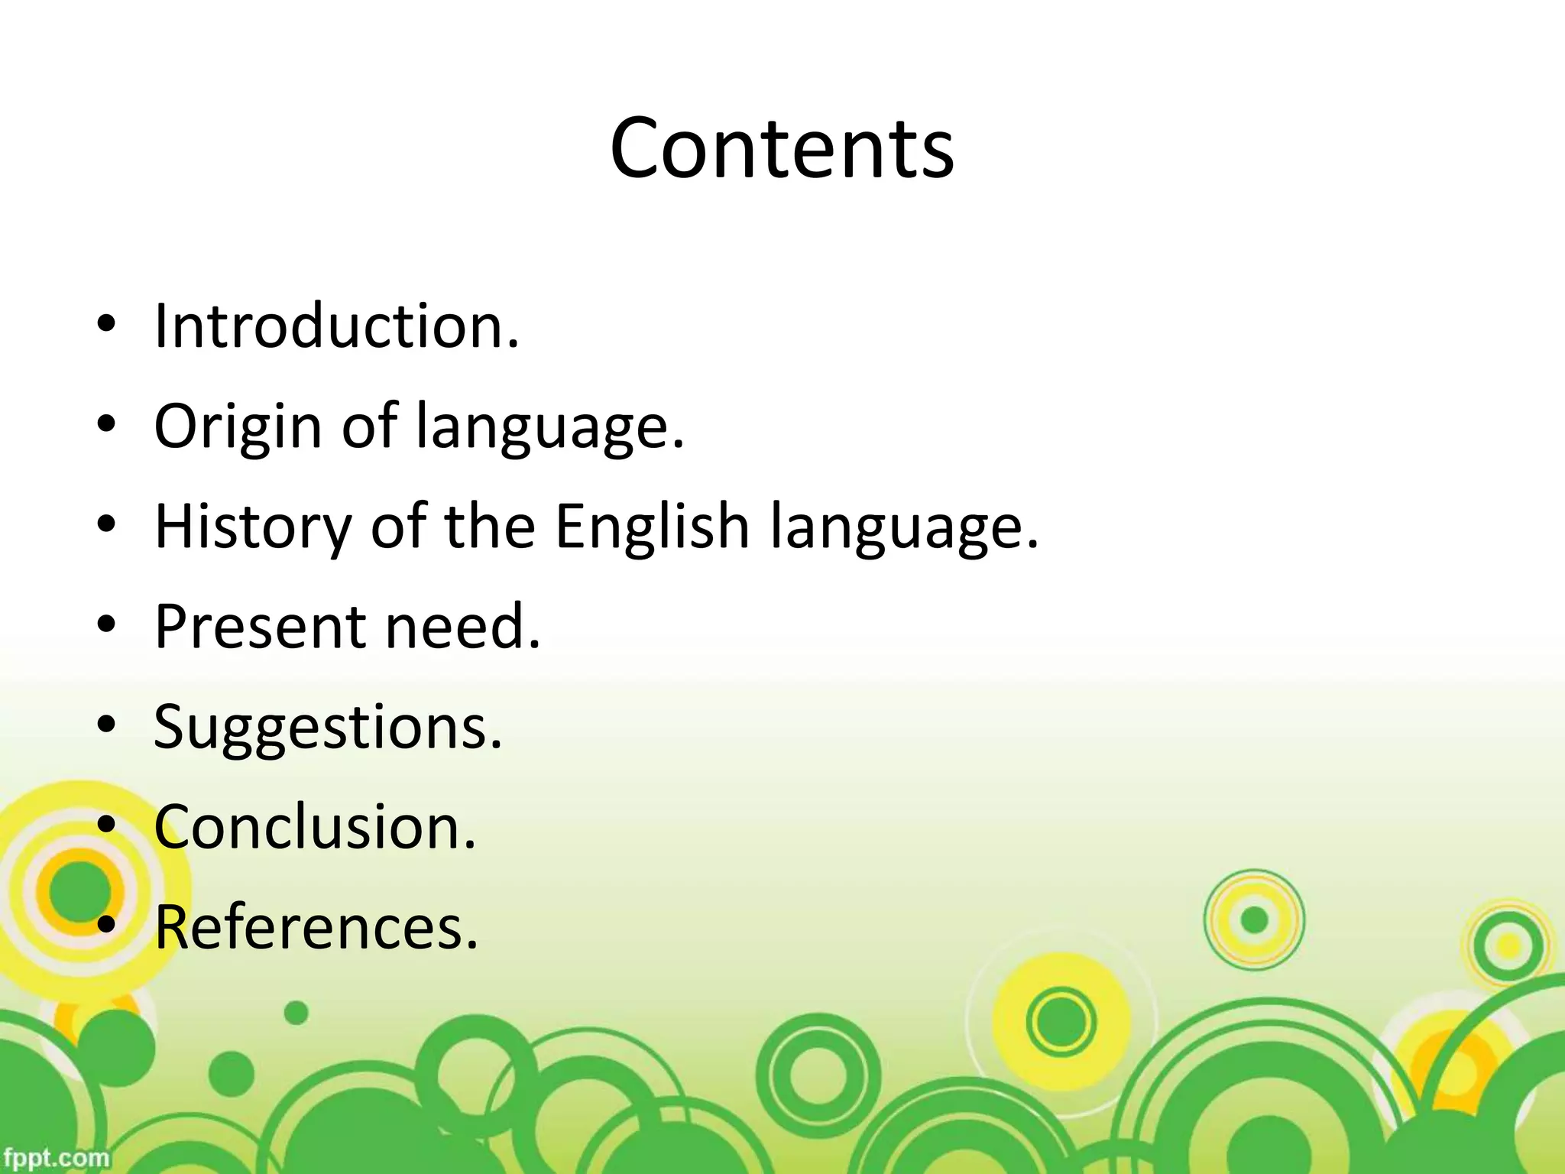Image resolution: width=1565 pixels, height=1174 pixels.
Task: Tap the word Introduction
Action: (x=336, y=326)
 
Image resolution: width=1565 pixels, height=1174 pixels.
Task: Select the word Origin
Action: (x=238, y=426)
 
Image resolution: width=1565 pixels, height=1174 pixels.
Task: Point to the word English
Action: (x=652, y=527)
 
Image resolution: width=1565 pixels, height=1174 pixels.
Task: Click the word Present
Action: (x=259, y=627)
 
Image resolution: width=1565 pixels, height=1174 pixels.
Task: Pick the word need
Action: (x=462, y=627)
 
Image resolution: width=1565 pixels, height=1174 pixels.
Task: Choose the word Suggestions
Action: (x=328, y=727)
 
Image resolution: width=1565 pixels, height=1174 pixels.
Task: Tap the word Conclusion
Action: (x=315, y=827)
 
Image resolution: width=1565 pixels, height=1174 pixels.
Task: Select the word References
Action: (x=316, y=927)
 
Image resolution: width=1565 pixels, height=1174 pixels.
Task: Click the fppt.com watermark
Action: (x=55, y=1157)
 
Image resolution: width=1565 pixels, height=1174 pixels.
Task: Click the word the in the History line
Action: (x=489, y=527)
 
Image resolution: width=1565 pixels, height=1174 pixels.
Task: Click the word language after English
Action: (x=905, y=528)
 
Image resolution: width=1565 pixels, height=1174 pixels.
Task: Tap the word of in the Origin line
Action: (x=369, y=426)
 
